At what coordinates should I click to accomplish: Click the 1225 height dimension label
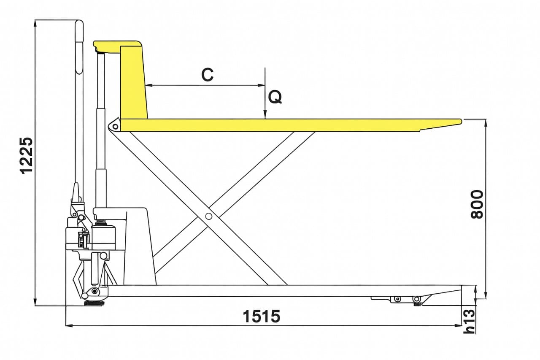[x=26, y=155]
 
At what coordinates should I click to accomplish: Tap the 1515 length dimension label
[x=261, y=316]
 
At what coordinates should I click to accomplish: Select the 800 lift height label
[x=477, y=204]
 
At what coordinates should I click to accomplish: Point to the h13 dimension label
[x=469, y=322]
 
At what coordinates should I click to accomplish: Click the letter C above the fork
[x=207, y=75]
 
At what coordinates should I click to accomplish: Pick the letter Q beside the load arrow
[x=275, y=97]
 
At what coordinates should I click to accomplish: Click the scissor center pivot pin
[x=209, y=216]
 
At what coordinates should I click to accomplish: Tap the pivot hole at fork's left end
[x=116, y=126]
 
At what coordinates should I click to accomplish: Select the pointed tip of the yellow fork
[x=461, y=121]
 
